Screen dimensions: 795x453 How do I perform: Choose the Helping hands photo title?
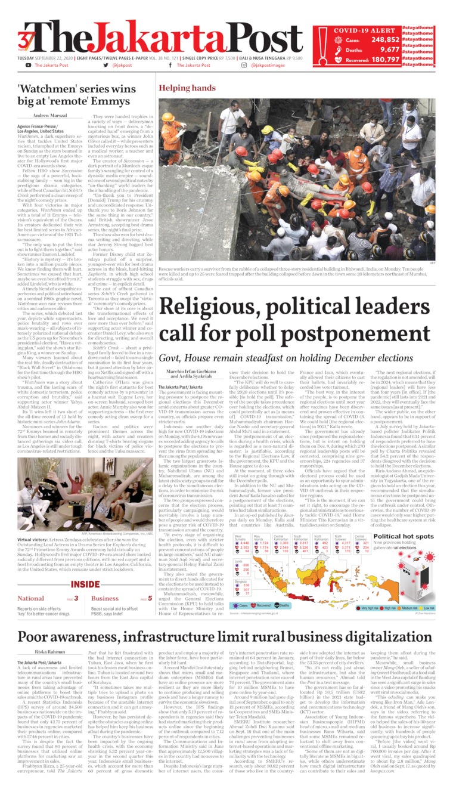click(x=187, y=88)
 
